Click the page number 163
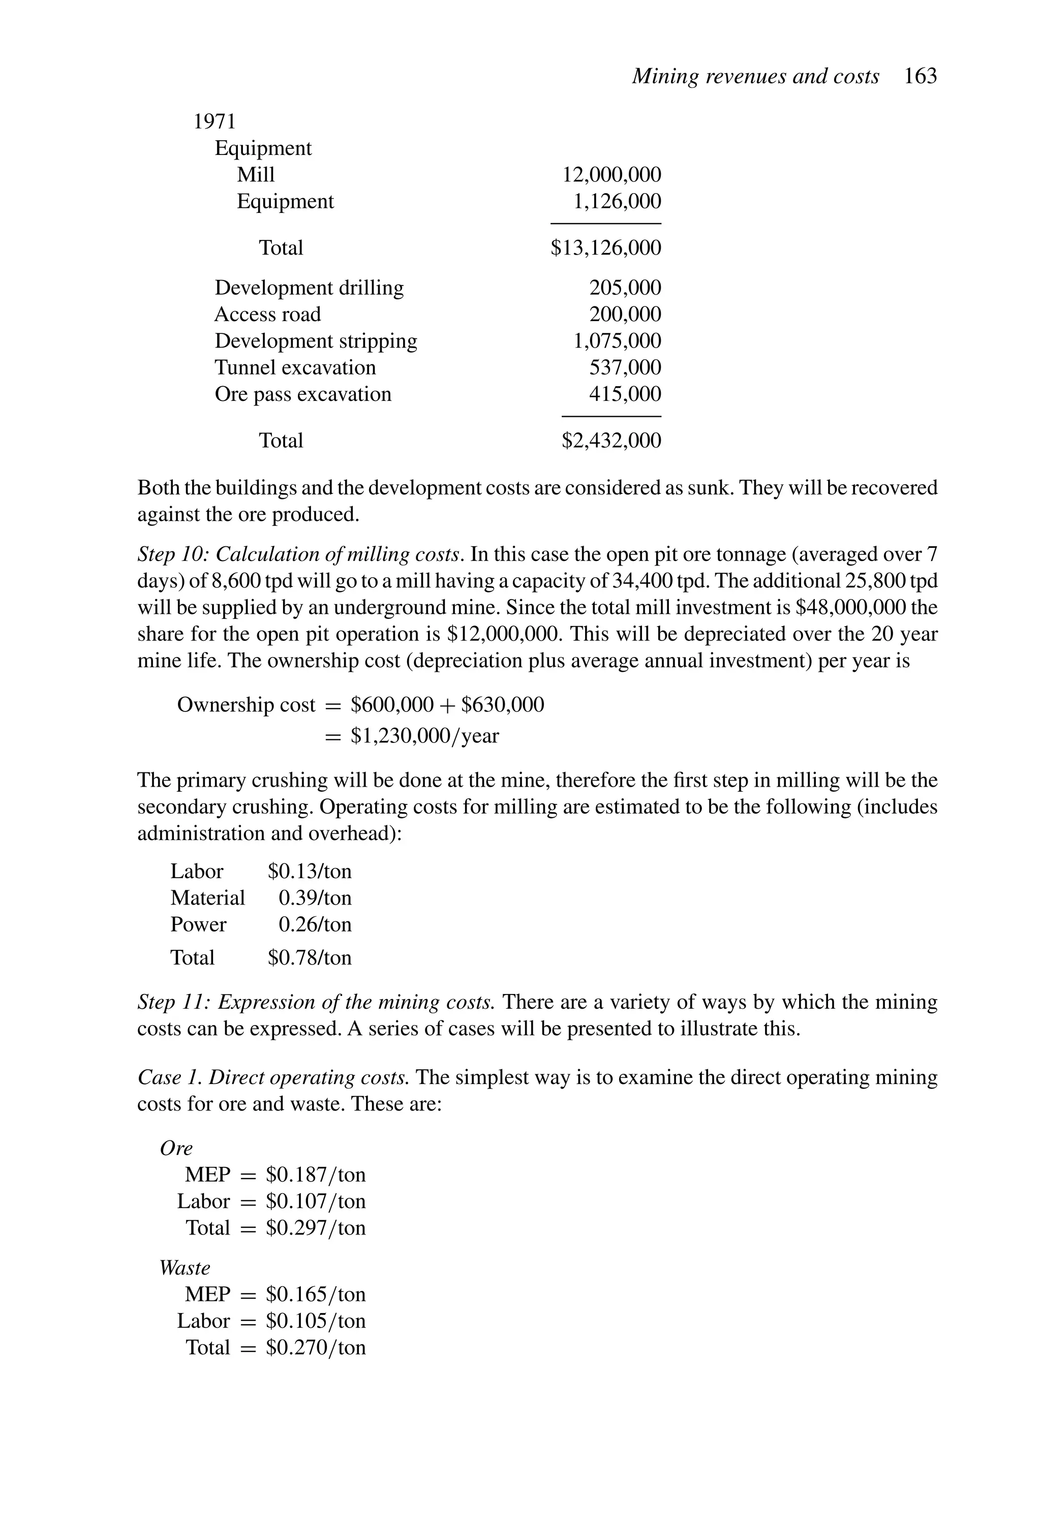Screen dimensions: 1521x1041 point(920,77)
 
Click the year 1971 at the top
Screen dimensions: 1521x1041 point(214,122)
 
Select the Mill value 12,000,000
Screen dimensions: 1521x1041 point(611,175)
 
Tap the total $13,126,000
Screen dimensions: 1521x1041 point(605,248)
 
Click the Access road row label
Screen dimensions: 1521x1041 point(267,315)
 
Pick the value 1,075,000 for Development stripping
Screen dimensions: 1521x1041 point(617,341)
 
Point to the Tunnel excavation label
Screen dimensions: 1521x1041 point(295,368)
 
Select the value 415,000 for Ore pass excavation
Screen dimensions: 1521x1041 point(625,394)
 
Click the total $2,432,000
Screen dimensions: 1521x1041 point(611,441)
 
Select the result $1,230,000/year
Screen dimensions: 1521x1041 point(424,736)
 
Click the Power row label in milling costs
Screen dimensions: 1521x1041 point(198,925)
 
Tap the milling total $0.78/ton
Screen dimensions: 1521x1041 point(309,958)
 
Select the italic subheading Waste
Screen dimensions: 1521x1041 point(185,1268)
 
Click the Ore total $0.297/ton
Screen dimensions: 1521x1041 point(315,1228)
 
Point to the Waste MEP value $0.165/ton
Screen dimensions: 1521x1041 point(315,1294)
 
